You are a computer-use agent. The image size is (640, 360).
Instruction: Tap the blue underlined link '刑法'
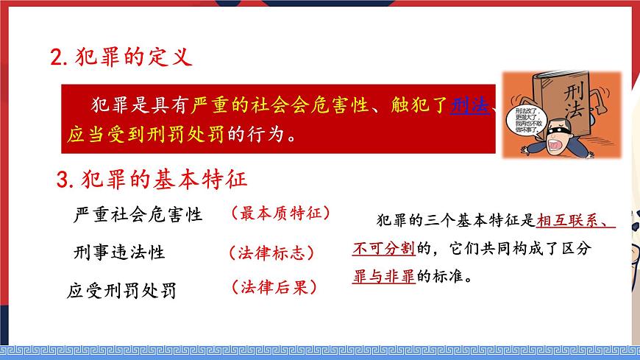469,107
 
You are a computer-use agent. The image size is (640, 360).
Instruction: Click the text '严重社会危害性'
138,215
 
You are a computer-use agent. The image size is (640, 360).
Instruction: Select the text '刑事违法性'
120,253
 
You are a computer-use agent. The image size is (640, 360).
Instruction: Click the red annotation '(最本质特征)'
280,213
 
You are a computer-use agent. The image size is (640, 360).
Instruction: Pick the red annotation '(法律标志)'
271,253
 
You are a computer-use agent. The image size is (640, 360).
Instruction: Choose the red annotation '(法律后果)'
273,287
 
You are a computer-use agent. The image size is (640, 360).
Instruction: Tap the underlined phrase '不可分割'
383,248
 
